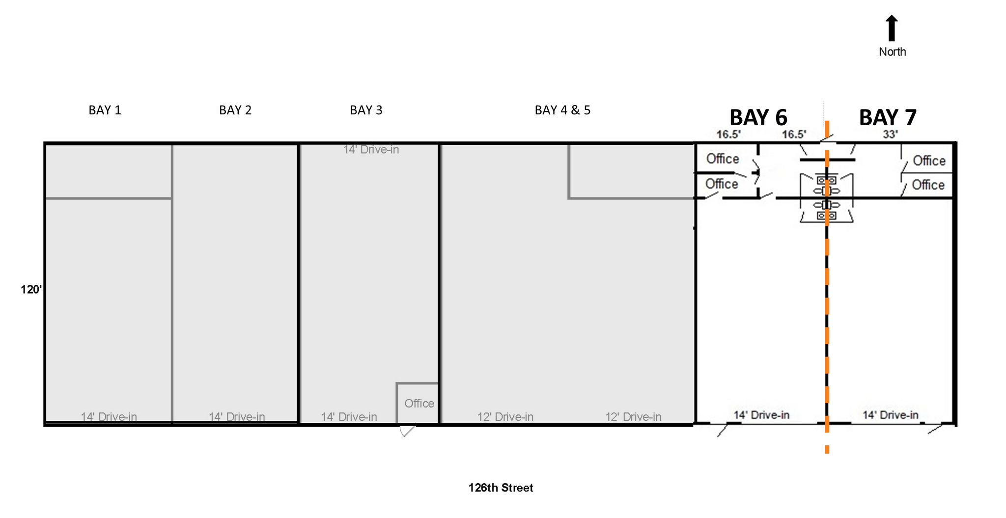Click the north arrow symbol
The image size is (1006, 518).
[892, 28]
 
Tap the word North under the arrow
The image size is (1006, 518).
[892, 52]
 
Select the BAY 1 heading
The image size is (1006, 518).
[105, 110]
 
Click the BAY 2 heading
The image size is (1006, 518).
[235, 110]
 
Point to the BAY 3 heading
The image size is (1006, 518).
[366, 110]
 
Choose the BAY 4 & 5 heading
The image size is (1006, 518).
[562, 110]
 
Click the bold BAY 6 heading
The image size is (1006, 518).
[758, 118]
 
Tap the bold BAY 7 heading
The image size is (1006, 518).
[888, 118]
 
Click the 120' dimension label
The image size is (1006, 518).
[31, 290]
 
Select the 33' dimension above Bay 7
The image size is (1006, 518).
[890, 134]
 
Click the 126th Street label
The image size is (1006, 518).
[501, 488]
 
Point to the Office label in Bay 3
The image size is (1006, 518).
[419, 404]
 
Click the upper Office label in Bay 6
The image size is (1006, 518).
[723, 159]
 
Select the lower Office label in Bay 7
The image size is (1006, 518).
[928, 185]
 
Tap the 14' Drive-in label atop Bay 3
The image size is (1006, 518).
[371, 150]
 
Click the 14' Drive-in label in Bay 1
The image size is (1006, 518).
[109, 417]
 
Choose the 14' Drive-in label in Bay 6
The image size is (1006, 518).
[761, 415]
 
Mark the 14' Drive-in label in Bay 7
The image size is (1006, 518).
[890, 415]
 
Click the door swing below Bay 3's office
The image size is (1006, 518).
[407, 431]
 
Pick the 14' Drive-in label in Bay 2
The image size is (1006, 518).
[237, 417]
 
